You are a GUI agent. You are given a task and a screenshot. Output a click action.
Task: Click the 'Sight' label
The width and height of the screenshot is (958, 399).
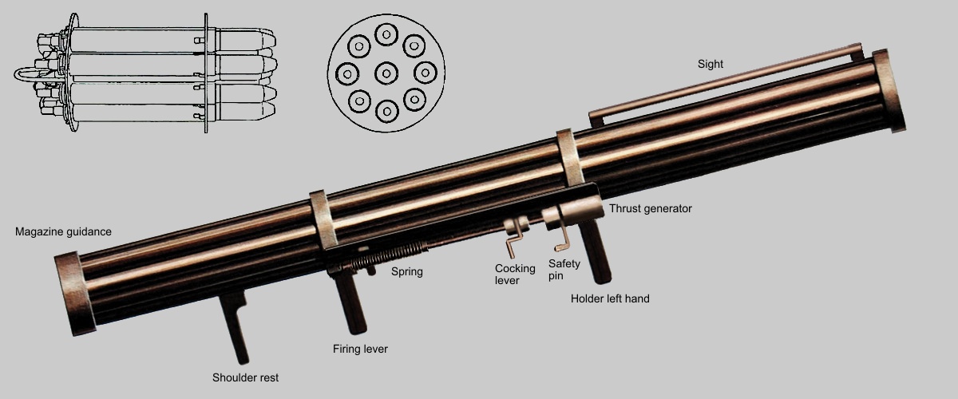click(710, 64)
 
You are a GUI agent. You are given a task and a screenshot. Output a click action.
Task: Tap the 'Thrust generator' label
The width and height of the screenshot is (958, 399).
click(651, 208)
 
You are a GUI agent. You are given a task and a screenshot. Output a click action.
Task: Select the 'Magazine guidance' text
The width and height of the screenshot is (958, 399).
click(63, 231)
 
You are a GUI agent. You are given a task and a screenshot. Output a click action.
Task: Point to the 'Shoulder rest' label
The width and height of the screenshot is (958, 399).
click(245, 377)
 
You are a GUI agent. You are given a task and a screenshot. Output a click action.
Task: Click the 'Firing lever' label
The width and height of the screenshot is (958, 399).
click(360, 349)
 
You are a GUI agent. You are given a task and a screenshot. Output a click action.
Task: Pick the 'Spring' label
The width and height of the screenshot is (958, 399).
click(406, 271)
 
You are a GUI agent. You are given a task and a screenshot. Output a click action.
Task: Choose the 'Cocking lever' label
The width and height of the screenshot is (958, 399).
click(515, 275)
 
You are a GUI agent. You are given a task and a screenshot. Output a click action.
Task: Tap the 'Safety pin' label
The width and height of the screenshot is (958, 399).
click(564, 270)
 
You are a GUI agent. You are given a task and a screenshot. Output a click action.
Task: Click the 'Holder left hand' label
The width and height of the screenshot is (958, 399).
click(610, 298)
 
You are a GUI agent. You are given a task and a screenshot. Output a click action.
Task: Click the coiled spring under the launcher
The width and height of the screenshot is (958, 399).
click(385, 257)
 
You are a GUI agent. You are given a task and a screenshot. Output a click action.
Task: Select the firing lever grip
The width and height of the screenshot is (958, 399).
click(350, 303)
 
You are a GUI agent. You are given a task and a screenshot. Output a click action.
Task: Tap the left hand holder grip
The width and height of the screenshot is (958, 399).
click(596, 252)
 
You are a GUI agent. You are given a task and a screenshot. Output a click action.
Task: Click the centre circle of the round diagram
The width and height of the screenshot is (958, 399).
click(386, 73)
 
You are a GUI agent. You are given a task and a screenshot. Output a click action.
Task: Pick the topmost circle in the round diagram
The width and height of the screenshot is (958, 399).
click(386, 34)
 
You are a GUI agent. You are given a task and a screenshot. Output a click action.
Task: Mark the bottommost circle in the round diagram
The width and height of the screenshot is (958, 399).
click(387, 111)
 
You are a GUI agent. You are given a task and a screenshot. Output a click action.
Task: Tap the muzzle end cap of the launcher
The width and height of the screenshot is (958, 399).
click(889, 91)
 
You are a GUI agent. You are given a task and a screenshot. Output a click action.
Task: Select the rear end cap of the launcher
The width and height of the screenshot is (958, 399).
click(75, 294)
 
